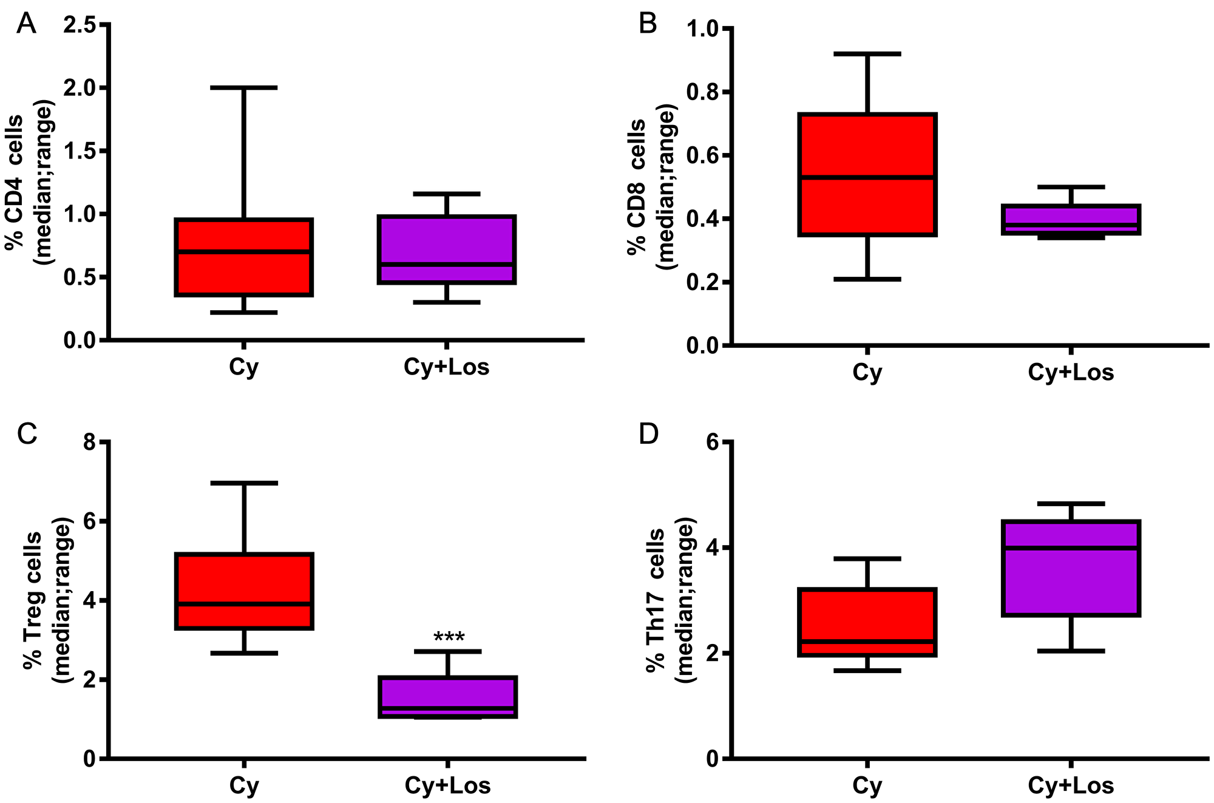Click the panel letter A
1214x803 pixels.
(26, 24)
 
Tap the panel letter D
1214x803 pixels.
(649, 435)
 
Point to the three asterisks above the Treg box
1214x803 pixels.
(449, 638)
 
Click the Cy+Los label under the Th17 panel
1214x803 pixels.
(1071, 785)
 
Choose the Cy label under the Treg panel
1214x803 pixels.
(244, 785)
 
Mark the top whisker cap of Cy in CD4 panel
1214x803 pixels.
(244, 88)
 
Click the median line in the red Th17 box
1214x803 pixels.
(867, 641)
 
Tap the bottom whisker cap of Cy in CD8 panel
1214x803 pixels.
(867, 279)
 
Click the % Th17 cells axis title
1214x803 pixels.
(656, 599)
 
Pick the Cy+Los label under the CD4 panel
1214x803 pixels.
(446, 367)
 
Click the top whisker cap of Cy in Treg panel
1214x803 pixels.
(244, 483)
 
